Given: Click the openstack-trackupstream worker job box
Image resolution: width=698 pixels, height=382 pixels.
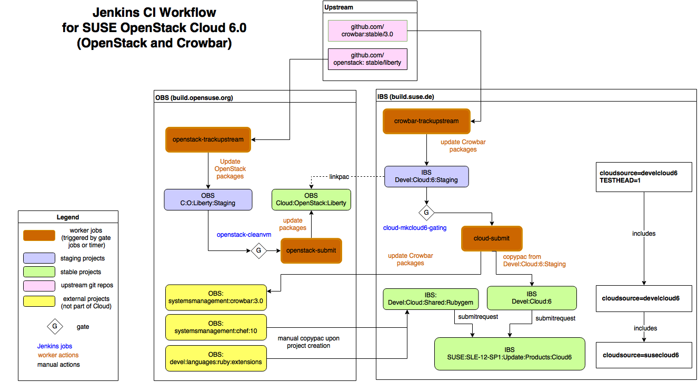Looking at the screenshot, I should [x=208, y=139].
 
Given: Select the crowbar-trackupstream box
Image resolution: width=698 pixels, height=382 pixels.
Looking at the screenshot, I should [x=426, y=121].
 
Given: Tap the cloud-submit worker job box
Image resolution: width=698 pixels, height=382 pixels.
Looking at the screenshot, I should [x=492, y=238].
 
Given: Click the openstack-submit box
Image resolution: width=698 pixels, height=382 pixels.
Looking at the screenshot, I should [x=311, y=250].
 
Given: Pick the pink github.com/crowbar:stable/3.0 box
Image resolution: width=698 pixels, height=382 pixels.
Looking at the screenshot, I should [x=367, y=31].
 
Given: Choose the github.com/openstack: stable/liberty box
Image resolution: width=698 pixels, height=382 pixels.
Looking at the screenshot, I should [x=367, y=58].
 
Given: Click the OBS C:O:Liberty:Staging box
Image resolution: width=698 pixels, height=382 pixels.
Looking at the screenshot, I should [x=208, y=199].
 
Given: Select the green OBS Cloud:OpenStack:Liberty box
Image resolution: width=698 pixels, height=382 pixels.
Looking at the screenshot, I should [x=312, y=200].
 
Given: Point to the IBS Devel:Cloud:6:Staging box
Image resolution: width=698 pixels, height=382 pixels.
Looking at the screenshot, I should [x=426, y=176].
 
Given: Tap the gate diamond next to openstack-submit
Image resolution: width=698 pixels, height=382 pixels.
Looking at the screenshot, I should [x=258, y=250].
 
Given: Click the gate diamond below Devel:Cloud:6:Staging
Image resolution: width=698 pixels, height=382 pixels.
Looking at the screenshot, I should [x=426, y=213].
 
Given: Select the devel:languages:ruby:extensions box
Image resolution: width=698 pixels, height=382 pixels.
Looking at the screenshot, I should [x=216, y=358].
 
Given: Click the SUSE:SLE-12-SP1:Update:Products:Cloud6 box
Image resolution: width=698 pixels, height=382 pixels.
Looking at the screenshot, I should [x=510, y=353].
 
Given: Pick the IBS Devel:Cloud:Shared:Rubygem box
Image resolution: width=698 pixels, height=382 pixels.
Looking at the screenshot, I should [x=431, y=299].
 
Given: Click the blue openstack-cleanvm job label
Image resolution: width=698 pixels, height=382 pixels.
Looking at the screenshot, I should [x=244, y=235].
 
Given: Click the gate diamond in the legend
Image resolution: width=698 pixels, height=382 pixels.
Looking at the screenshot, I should [x=54, y=326].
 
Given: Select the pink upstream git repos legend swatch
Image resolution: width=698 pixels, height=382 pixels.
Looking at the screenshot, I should [x=39, y=285].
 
